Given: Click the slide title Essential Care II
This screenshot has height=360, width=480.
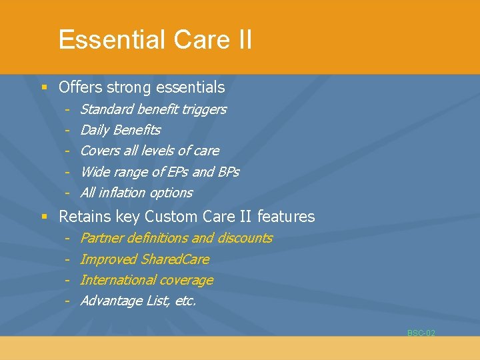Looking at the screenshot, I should (155, 39).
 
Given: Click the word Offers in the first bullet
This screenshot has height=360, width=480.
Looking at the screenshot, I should (78, 87).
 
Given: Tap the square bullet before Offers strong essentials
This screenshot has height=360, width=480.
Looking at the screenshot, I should (44, 87).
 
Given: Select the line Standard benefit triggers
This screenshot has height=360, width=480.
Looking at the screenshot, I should (153, 109).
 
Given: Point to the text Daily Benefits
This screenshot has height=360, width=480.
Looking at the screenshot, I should (120, 130).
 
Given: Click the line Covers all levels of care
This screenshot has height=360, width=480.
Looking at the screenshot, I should (149, 151).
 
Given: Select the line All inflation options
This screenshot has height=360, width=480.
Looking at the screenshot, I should (136, 193).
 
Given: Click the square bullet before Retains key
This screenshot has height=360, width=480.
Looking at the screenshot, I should (44, 217).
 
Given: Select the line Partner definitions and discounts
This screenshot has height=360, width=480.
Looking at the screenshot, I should (176, 238).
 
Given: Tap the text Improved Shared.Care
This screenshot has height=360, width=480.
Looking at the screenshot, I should (145, 259).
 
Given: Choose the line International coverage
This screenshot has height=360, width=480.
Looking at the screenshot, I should (147, 280).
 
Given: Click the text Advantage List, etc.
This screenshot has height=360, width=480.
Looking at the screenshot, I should (138, 301).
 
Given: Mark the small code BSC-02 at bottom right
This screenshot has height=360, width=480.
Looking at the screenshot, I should (421, 333).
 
